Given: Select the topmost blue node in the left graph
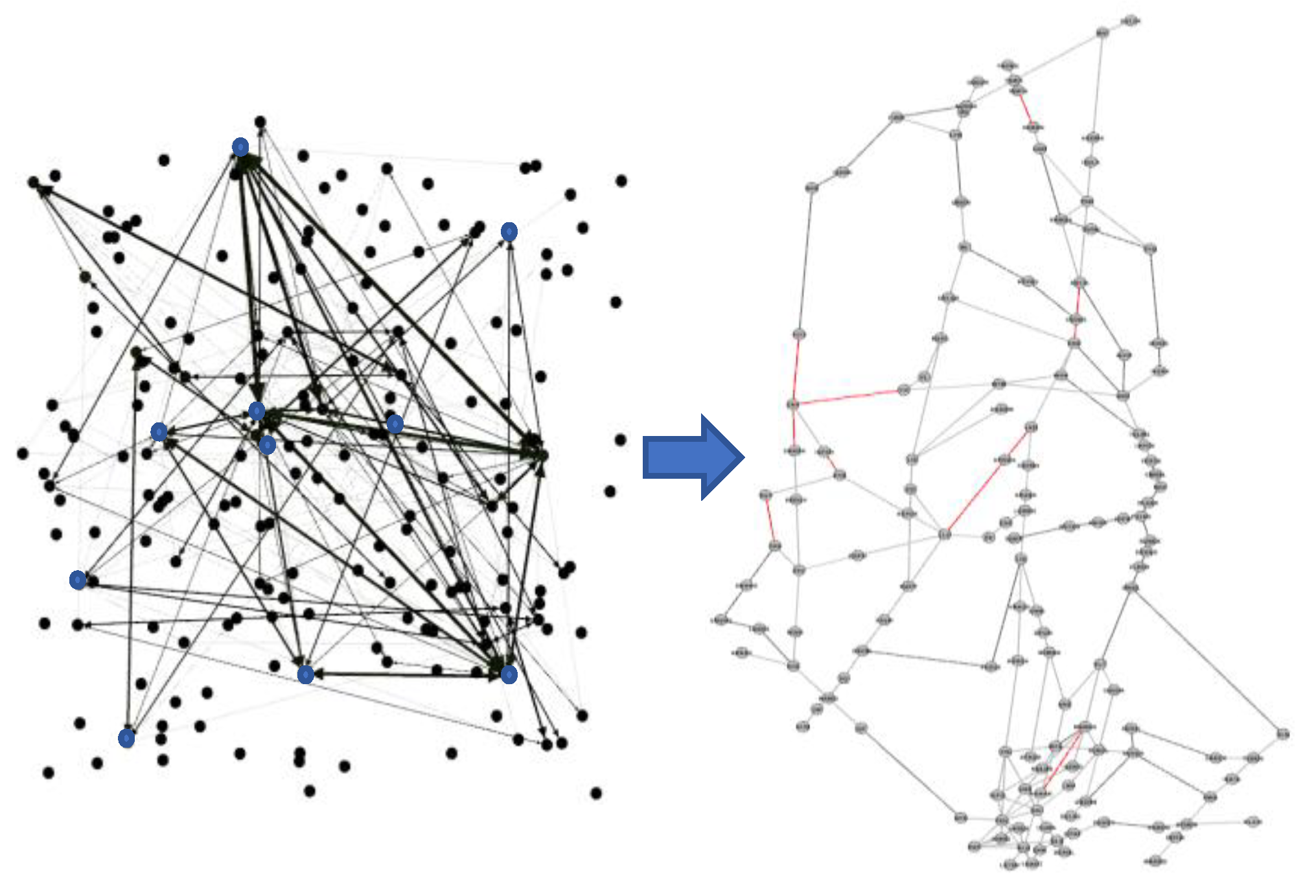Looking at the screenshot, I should [x=240, y=147].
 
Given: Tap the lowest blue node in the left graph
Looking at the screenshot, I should [x=127, y=738].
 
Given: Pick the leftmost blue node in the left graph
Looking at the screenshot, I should [x=78, y=580].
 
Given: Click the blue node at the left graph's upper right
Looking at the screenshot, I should [x=509, y=231].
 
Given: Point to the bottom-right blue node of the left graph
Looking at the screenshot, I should [x=509, y=674].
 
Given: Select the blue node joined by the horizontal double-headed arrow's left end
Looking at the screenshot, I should [x=306, y=674].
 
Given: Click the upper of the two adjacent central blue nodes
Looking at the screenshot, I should [x=257, y=411].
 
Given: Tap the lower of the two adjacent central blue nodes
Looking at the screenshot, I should [x=267, y=445].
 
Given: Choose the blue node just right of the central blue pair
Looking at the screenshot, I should [x=395, y=424].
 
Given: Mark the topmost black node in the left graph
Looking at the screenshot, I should [x=260, y=122].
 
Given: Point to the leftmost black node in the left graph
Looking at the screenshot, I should [x=23, y=453].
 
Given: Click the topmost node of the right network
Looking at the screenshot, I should [x=1129, y=21].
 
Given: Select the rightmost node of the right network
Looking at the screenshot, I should [x=1283, y=734].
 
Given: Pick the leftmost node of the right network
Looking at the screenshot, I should [x=721, y=620].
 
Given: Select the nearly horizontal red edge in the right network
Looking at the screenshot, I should [x=849, y=396].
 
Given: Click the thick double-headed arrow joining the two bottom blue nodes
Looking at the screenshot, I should [x=407, y=675].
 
